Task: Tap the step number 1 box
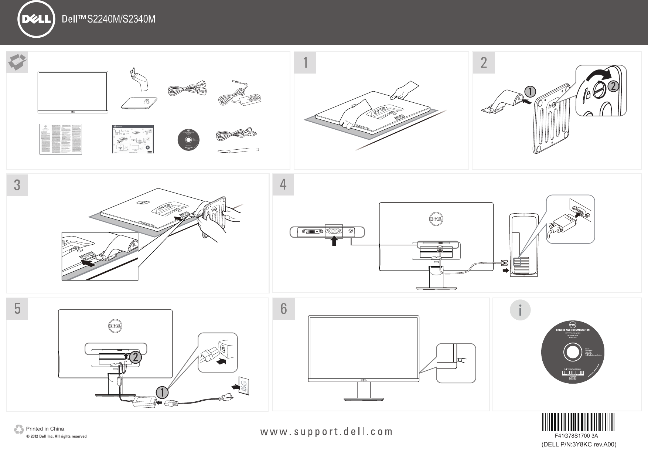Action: (x=305, y=62)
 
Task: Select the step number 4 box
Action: (x=283, y=184)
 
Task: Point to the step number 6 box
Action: (x=283, y=309)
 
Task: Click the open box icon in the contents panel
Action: (x=17, y=62)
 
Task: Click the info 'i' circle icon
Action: (x=520, y=310)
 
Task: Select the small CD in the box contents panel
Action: (x=189, y=141)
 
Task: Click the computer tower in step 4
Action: (x=524, y=245)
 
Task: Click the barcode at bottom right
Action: (x=578, y=422)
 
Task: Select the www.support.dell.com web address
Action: (x=327, y=431)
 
